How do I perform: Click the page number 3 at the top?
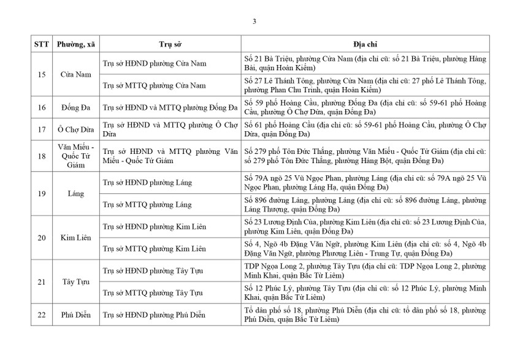point(255,22)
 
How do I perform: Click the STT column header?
point(41,45)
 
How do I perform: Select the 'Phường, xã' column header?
point(75,45)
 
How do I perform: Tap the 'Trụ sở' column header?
point(169,45)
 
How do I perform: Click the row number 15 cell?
point(41,74)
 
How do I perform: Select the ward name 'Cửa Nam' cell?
point(75,74)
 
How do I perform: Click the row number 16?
point(41,107)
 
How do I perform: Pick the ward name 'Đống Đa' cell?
point(75,107)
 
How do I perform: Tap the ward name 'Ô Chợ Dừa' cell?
point(75,129)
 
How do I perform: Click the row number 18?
point(41,156)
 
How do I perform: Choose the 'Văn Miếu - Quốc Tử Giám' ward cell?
point(75,156)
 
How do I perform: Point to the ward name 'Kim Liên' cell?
point(75,237)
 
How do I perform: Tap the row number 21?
point(41,281)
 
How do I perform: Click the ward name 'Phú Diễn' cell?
point(75,315)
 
